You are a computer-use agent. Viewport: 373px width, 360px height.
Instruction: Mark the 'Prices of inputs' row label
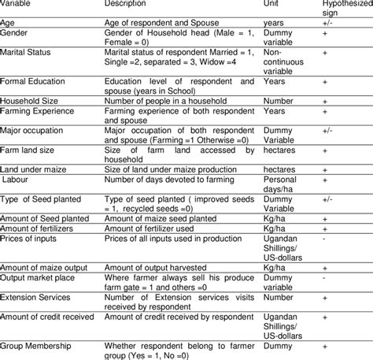28,237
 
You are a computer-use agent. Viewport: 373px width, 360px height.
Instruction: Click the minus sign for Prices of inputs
323,237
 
